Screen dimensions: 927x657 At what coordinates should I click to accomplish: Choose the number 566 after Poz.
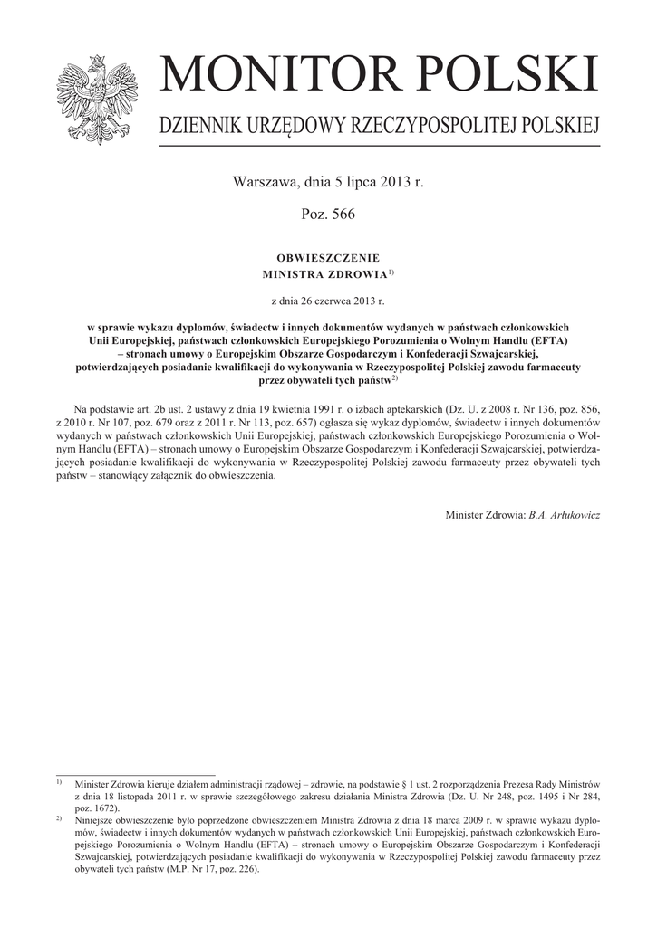(x=343, y=215)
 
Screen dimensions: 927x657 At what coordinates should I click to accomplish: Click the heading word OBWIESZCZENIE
(x=328, y=258)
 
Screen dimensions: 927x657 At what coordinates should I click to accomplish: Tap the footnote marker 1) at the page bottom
(x=59, y=780)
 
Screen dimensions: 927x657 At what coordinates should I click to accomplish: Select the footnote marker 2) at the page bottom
(x=59, y=817)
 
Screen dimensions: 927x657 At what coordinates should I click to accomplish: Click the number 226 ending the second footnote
(x=246, y=870)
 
